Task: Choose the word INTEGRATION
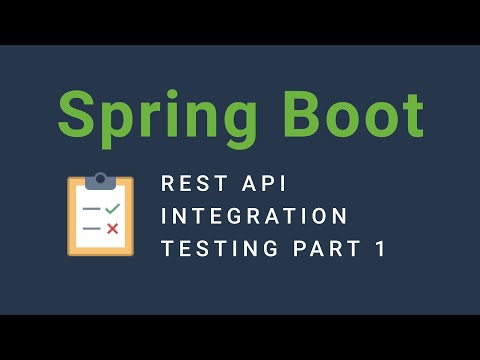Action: (255, 216)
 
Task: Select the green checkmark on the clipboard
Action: (112, 208)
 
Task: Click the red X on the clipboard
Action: (112, 229)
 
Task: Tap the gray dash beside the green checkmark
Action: (92, 209)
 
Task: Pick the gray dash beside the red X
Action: (92, 229)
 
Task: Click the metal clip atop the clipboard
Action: (100, 180)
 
